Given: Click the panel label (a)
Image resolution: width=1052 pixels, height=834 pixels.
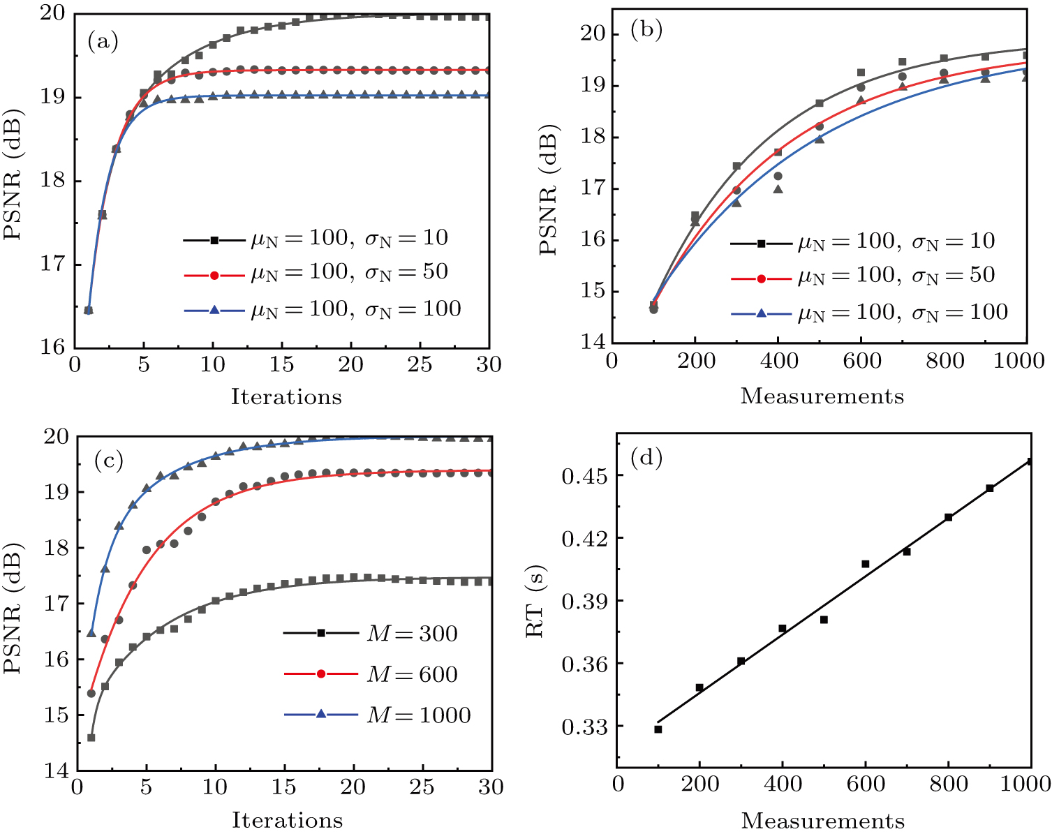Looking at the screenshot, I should click(103, 42).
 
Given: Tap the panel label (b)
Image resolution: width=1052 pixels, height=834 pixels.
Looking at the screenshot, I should click(646, 31).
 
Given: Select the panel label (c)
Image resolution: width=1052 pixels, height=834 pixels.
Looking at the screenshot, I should click(108, 460).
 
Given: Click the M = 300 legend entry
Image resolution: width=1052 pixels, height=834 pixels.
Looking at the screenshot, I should click(370, 633).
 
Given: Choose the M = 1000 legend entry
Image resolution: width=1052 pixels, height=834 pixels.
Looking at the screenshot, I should click(377, 715).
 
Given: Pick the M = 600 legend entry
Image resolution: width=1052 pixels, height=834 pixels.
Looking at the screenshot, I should click(370, 674).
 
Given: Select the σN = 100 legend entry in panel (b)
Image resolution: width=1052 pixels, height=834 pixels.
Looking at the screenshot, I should click(869, 312).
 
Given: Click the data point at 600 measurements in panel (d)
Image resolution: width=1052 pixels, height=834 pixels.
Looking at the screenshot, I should click(866, 563).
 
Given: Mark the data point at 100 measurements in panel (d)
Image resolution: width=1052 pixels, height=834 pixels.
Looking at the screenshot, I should click(658, 729).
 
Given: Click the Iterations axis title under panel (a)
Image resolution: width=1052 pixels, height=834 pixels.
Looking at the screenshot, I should click(286, 397).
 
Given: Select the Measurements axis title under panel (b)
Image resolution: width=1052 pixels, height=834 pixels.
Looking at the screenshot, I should click(822, 396).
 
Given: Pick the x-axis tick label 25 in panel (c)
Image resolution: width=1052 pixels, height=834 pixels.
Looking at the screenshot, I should click(421, 787).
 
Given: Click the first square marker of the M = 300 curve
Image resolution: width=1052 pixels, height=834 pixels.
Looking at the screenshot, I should click(91, 738).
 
